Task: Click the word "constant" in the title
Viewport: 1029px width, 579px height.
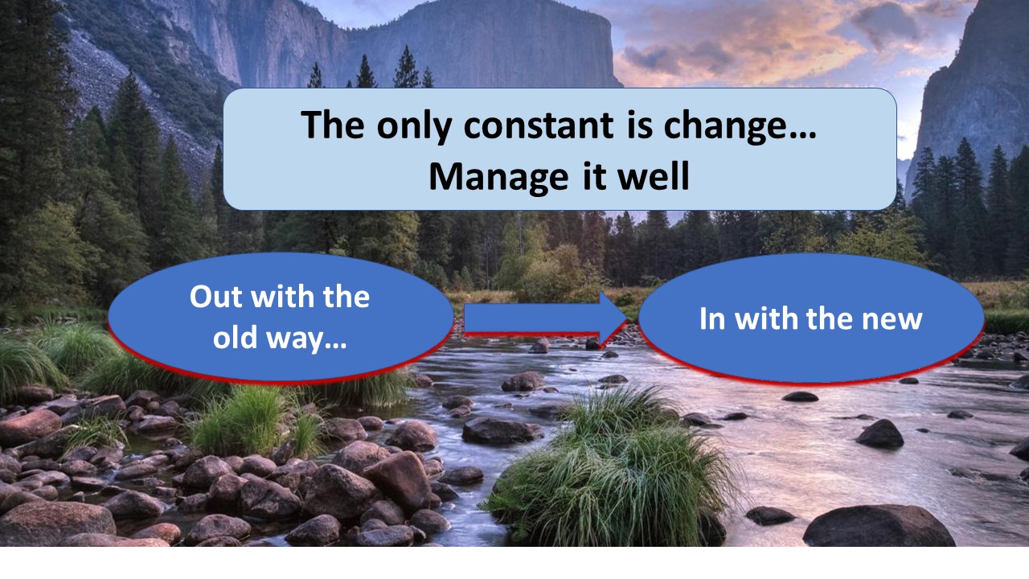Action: coord(539,125)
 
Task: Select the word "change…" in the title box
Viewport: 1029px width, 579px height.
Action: coord(740,127)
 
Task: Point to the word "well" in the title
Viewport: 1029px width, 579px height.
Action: coord(654,175)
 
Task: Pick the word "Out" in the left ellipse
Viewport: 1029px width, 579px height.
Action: coord(216,297)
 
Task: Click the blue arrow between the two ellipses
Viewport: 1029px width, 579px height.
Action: coord(546,318)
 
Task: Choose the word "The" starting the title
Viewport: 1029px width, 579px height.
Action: coord(333,124)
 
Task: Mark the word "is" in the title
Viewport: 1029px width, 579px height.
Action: coord(639,124)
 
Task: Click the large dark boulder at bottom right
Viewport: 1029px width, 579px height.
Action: coord(879,527)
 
